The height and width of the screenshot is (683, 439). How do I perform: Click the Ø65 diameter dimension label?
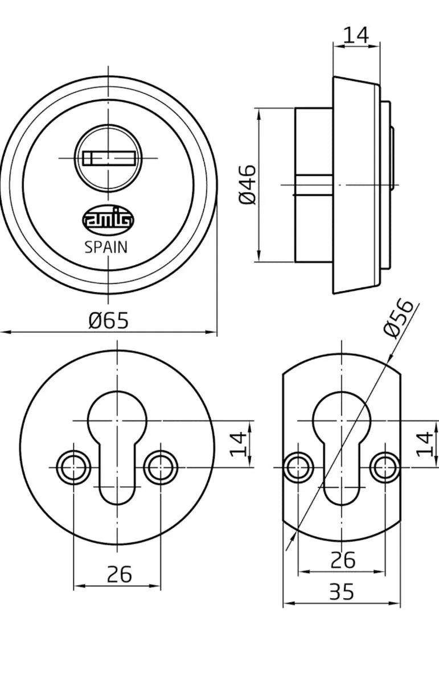pos(109,320)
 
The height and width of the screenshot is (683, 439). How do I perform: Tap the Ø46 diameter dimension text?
pos(248,184)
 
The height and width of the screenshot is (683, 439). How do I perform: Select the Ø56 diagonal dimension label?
pos(399,319)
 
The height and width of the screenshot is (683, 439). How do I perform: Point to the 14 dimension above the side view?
pos(356,35)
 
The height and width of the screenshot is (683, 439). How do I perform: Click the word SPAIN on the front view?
pos(106,247)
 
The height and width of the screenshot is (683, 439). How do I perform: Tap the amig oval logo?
pos(108,220)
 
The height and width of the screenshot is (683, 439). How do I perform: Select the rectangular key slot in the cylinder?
pos(109,158)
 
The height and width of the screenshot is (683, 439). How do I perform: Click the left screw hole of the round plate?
pos(73,467)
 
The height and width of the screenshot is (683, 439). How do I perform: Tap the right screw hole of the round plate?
pos(161,467)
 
